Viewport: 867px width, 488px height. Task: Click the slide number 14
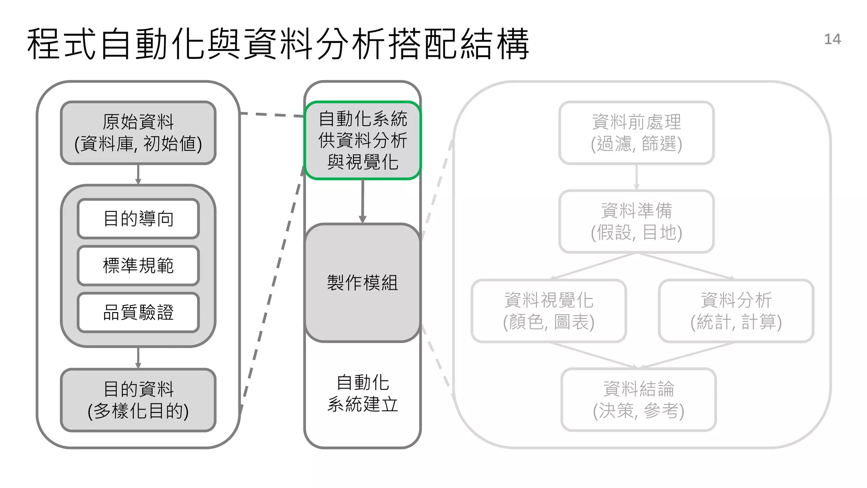(832, 39)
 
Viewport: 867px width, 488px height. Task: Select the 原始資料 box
(138, 133)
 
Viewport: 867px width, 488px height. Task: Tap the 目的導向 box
(138, 219)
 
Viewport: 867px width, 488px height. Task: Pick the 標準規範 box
(138, 266)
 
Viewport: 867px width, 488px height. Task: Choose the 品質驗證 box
(138, 313)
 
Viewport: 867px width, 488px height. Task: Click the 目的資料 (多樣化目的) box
(138, 400)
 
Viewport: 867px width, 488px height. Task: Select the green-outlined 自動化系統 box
(362, 140)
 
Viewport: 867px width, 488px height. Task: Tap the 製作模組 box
(362, 283)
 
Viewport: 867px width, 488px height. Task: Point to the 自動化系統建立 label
(362, 393)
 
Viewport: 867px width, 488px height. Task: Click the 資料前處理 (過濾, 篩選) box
(636, 133)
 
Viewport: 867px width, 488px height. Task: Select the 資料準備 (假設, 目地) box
(636, 221)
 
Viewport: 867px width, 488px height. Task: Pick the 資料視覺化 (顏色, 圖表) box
(549, 311)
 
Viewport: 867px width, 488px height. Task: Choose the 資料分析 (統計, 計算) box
(736, 311)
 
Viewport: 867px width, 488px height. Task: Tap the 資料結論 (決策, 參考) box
(638, 399)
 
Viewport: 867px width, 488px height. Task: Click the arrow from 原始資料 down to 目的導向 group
(138, 174)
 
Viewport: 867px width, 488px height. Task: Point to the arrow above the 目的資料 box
(138, 358)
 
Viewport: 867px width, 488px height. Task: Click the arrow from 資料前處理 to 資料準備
(636, 177)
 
